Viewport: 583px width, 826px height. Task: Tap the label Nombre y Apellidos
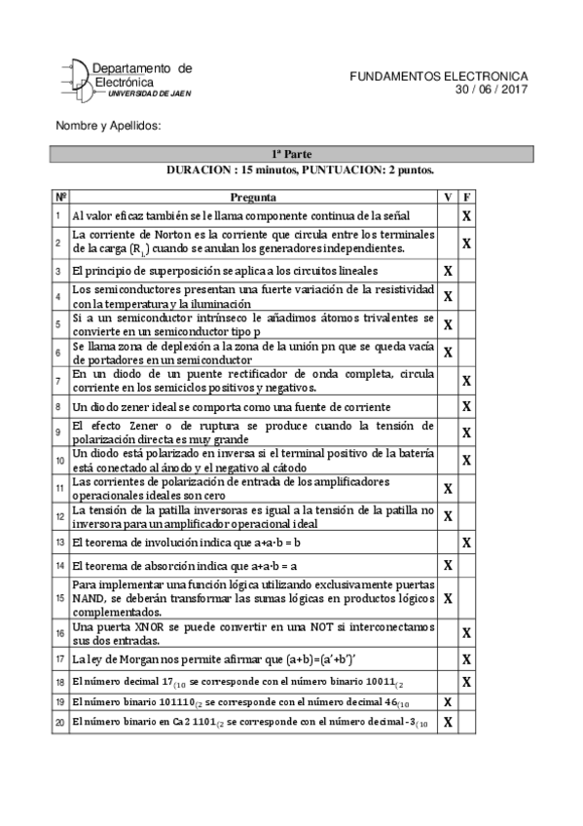click(108, 127)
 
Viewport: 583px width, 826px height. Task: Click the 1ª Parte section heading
click(291, 154)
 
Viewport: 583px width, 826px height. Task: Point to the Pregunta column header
click(252, 197)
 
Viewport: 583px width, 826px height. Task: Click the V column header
click(448, 197)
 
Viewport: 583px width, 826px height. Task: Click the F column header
click(467, 197)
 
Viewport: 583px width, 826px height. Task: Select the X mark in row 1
click(467, 215)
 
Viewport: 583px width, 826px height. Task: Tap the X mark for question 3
click(448, 271)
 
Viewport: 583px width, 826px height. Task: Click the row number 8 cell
click(59, 406)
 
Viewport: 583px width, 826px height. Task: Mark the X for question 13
click(467, 542)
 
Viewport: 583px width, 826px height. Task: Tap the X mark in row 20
click(448, 722)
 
